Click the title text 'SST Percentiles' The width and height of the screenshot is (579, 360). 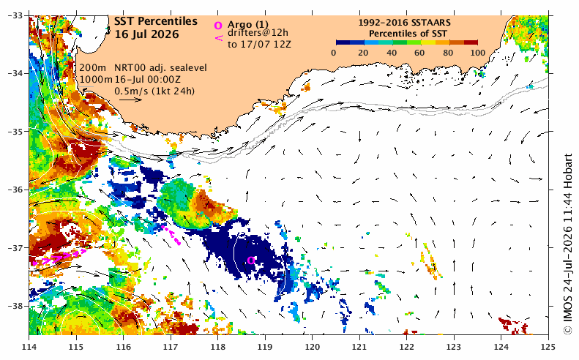coord(156,21)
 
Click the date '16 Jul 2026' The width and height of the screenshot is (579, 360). coord(146,34)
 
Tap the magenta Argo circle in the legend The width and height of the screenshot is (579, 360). coord(218,26)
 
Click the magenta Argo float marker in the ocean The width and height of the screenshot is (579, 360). coord(251,260)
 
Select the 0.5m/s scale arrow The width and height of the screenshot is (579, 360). coord(130,100)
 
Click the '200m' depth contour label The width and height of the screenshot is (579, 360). coord(93,68)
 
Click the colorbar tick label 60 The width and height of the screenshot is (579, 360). coord(419,53)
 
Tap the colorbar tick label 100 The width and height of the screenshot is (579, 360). coord(478,53)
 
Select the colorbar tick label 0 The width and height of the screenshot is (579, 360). coord(334,53)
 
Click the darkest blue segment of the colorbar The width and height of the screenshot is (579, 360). coord(343,42)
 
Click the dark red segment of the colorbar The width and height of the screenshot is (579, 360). coord(471,42)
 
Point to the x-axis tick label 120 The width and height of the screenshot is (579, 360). coord(312,347)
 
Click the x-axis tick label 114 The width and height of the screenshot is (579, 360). coord(29,347)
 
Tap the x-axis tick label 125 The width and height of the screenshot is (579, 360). coord(548,347)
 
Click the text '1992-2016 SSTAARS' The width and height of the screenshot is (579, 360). coord(404,23)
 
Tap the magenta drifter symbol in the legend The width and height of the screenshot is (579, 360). coord(219,37)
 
